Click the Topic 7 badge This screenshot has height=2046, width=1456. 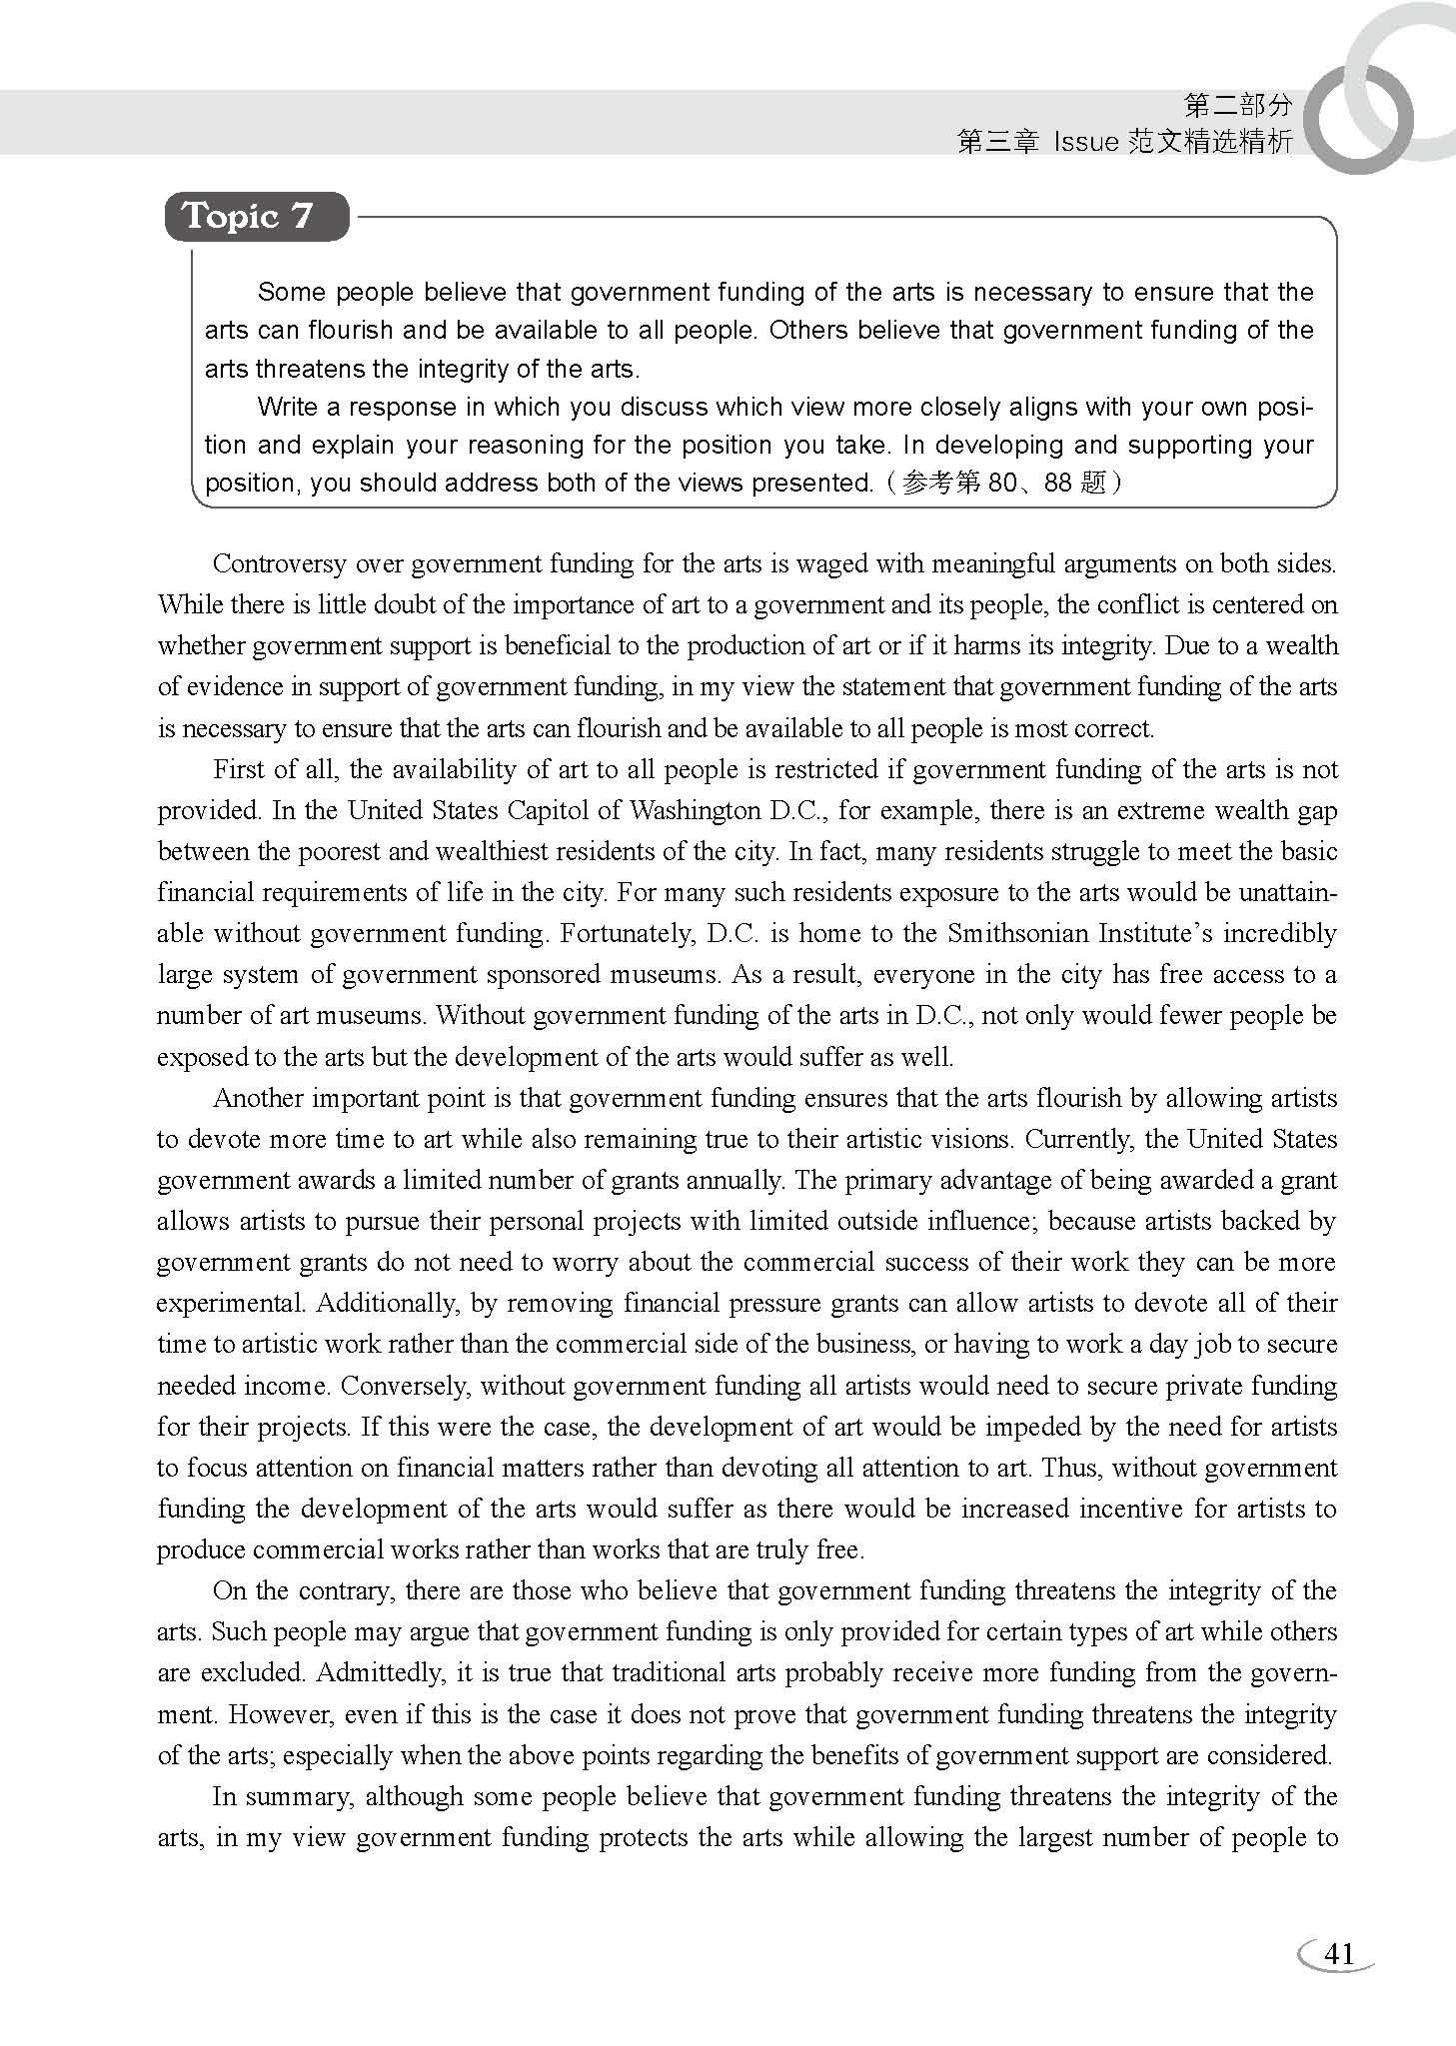[x=257, y=216]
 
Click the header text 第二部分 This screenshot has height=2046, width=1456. [x=1237, y=104]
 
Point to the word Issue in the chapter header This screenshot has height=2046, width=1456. [x=1085, y=142]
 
